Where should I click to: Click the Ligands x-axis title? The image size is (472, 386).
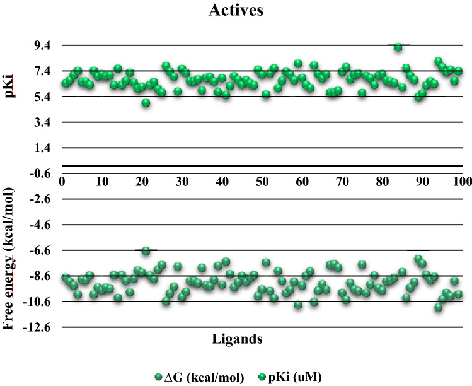236,339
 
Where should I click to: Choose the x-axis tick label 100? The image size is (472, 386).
462,182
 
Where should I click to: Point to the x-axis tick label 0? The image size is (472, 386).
62,182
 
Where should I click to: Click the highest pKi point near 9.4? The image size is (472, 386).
398,47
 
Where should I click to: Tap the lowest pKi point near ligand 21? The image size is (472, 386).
146,103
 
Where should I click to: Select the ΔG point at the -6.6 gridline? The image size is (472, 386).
146,251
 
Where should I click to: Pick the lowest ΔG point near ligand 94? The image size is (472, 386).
438,307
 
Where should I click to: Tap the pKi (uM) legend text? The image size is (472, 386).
299,377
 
